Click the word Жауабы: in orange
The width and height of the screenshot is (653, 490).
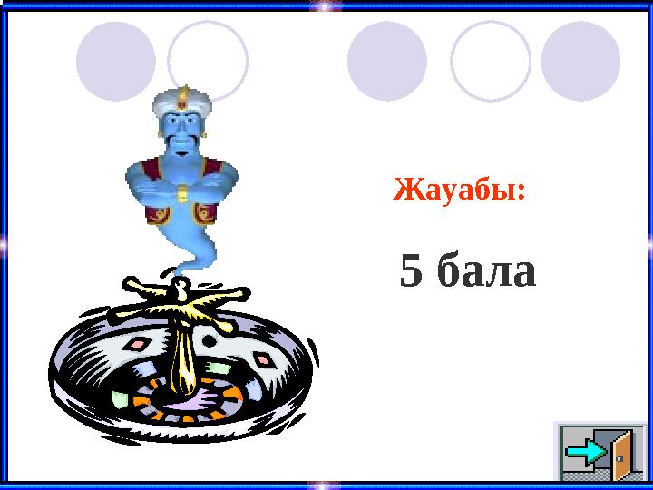458,191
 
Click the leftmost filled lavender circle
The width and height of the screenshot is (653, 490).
115,61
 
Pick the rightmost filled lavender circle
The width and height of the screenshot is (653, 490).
580,61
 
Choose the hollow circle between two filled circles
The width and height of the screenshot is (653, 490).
491,61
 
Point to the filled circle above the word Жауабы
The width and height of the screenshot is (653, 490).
387,61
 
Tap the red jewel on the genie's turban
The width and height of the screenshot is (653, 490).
183,94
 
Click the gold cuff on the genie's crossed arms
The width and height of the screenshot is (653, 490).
182,194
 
